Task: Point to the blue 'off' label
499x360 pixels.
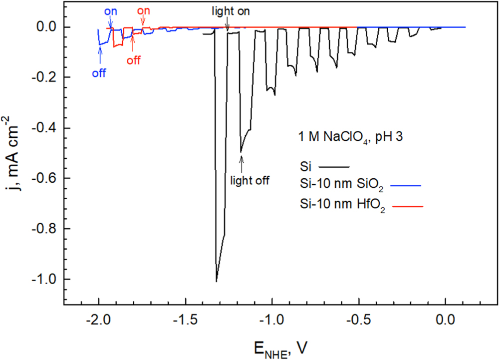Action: pyautogui.click(x=99, y=73)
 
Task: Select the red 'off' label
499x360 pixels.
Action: pyautogui.click(x=133, y=60)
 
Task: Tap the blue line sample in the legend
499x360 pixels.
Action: pyautogui.click(x=406, y=186)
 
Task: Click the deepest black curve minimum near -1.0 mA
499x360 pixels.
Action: pyautogui.click(x=216, y=281)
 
